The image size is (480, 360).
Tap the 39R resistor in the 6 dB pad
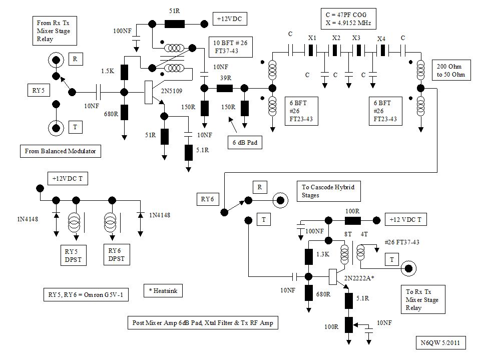click(224, 88)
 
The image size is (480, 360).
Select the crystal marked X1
click(311, 51)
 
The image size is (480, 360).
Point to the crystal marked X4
click(381, 51)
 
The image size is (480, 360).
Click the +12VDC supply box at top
click(229, 19)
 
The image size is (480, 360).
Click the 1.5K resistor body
click(125, 72)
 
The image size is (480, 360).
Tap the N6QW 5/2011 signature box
click(441, 343)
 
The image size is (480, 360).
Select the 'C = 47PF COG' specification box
click(348, 19)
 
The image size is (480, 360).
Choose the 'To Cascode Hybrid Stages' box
click(329, 191)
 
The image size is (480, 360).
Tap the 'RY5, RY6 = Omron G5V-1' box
click(86, 295)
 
